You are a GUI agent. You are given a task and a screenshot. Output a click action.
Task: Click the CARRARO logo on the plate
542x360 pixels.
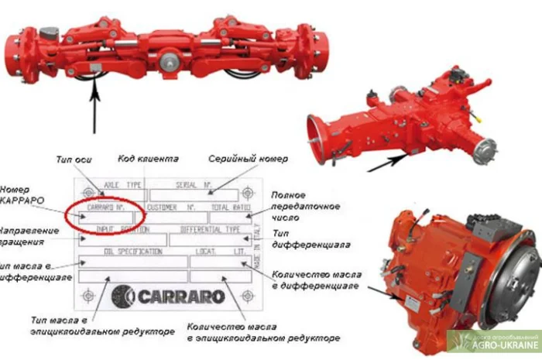pos(168,296)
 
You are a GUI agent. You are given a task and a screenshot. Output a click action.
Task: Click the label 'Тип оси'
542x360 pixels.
pos(74,159)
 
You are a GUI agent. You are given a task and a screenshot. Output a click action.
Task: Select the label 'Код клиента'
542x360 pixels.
pos(148,158)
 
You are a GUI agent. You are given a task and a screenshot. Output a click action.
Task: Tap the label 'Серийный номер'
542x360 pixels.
pos(248,159)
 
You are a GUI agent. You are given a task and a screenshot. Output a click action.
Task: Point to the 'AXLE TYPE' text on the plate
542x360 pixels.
pos(124,186)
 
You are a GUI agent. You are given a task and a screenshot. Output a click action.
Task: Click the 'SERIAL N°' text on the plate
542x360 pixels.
pos(195,186)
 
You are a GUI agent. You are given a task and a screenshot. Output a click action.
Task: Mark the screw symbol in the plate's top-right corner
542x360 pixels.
pos(247,192)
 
